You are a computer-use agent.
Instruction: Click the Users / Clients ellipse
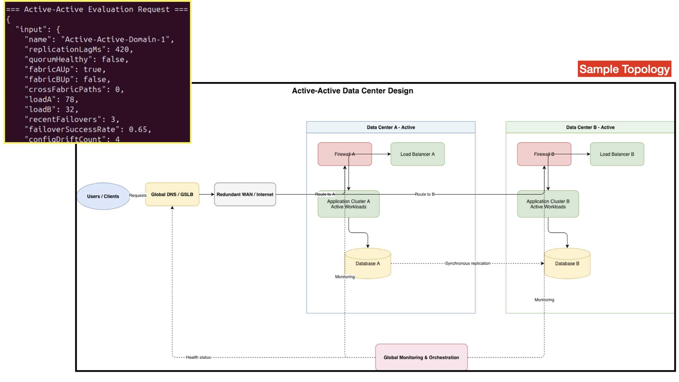pyautogui.click(x=103, y=196)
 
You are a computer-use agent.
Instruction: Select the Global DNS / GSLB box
pyautogui.click(x=172, y=194)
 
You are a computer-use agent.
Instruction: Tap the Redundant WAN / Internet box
pyautogui.click(x=245, y=194)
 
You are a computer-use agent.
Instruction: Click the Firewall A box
pyautogui.click(x=345, y=154)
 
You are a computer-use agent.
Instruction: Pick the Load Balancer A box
pyautogui.click(x=418, y=154)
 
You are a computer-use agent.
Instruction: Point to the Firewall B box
pyautogui.click(x=544, y=154)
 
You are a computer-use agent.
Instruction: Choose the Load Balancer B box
pyautogui.click(x=617, y=154)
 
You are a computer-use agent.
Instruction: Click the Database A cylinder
pyautogui.click(x=368, y=264)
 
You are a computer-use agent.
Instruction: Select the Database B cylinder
pyautogui.click(x=567, y=264)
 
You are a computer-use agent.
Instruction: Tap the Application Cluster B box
pyautogui.click(x=548, y=204)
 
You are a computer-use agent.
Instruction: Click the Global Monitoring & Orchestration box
pyautogui.click(x=422, y=357)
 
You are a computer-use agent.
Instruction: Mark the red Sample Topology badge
pyautogui.click(x=625, y=69)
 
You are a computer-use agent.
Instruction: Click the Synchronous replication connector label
pyautogui.click(x=468, y=264)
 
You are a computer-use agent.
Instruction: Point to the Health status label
pyautogui.click(x=198, y=357)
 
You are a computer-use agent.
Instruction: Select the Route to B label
pyautogui.click(x=425, y=194)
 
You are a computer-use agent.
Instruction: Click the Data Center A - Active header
pyautogui.click(x=391, y=127)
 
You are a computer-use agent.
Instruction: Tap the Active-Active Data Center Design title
pyautogui.click(x=353, y=91)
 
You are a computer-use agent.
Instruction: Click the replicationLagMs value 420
pyautogui.click(x=122, y=50)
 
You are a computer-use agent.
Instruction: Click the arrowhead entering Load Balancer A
pyautogui.click(x=389, y=154)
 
